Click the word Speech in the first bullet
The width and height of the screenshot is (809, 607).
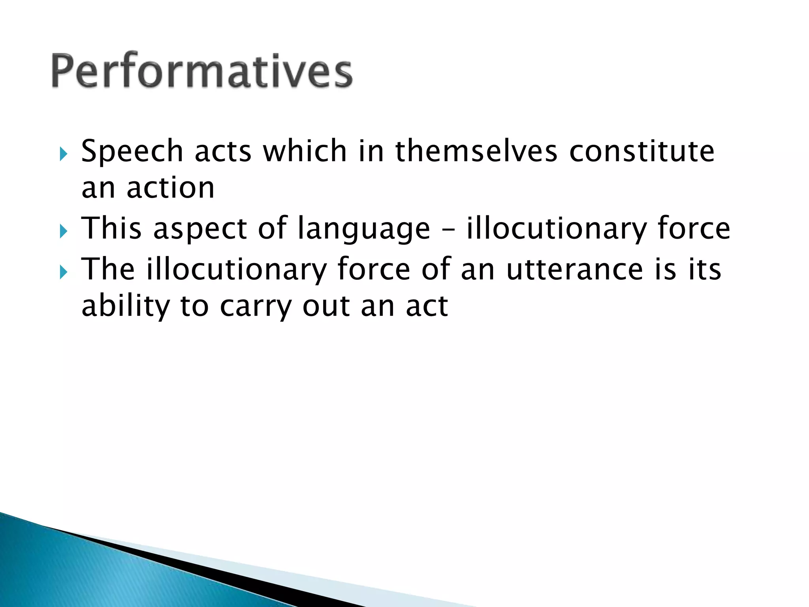coord(132,151)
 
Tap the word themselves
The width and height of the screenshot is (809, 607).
coord(476,151)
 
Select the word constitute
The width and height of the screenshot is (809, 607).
coord(642,151)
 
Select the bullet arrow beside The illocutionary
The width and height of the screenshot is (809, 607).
coord(64,272)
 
